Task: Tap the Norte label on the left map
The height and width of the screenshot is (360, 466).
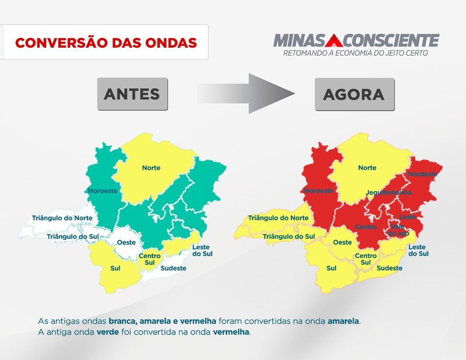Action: tap(151, 168)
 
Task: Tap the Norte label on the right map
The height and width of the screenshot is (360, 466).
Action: tap(367, 168)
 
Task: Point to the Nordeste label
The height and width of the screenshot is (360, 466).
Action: tap(421, 174)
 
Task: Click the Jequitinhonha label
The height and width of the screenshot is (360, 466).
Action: tap(389, 192)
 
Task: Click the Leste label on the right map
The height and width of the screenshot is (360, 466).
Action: tap(408, 217)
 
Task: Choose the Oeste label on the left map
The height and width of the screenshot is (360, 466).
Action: tap(126, 242)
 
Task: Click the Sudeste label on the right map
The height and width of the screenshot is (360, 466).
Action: tap(389, 268)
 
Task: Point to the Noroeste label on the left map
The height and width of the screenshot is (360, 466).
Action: tap(103, 190)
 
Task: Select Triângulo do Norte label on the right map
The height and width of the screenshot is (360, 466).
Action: tap(278, 218)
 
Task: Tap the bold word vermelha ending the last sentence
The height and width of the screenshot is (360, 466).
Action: tap(231, 332)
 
